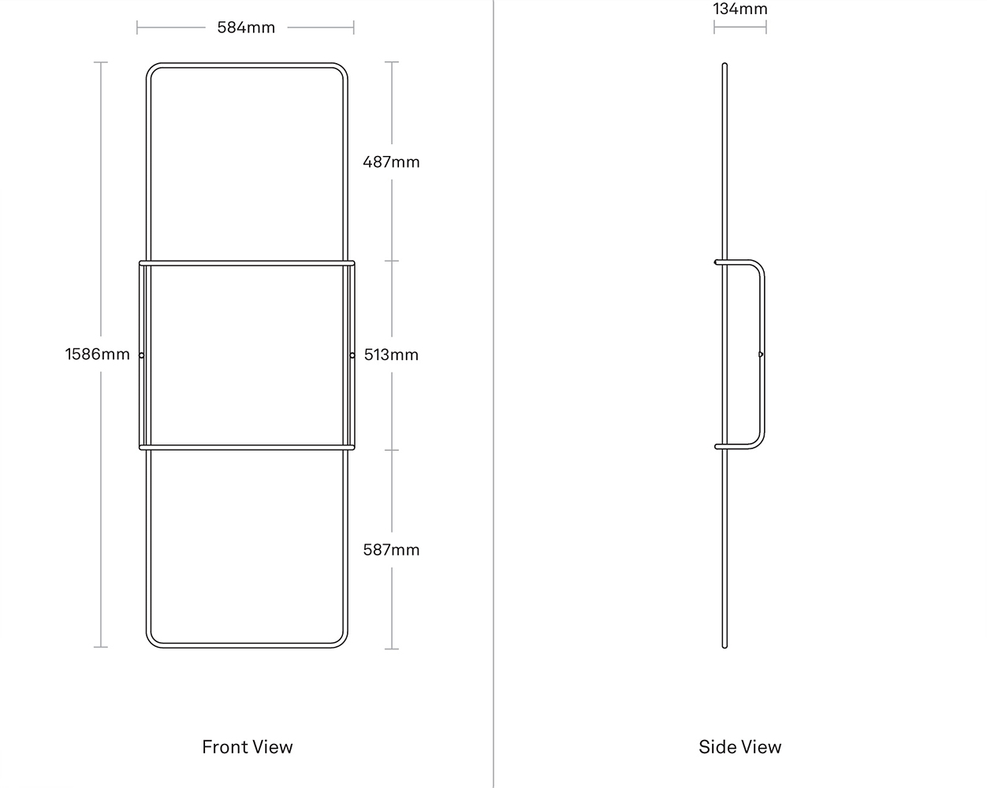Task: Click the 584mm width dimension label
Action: pos(246,28)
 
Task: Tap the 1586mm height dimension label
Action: pos(97,354)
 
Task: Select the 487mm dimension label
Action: pos(391,162)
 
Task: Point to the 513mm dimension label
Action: pos(391,355)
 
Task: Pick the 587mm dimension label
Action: pos(391,549)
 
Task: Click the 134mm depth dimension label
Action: pos(739,9)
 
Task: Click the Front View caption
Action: pos(248,747)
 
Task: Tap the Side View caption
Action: pos(739,747)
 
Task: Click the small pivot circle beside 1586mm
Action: pos(141,355)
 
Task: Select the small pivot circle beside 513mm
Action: pos(352,355)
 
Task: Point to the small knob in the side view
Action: pos(761,355)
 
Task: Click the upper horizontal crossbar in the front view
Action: pos(247,263)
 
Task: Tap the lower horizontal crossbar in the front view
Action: pos(247,447)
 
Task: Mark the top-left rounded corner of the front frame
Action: pos(151,68)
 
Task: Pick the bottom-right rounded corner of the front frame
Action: pos(343,643)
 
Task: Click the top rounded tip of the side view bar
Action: pos(724,64)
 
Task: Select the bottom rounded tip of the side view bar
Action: pos(724,646)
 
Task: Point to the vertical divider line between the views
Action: pos(494,394)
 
